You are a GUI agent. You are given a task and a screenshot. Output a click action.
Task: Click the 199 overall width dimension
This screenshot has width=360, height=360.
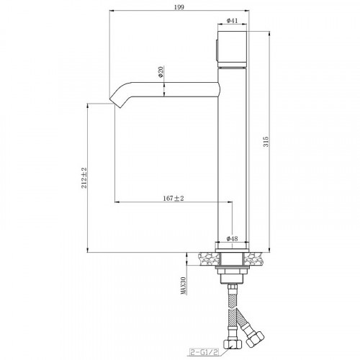tap(179, 7)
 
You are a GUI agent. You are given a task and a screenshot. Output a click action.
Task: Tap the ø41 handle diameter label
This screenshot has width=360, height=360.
tap(232, 21)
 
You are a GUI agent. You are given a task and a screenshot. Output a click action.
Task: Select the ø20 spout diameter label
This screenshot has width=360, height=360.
tap(161, 71)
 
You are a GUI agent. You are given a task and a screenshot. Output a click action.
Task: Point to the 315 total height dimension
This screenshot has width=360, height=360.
tap(266, 142)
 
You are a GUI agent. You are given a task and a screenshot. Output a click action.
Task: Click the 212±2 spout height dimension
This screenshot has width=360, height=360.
tap(84, 178)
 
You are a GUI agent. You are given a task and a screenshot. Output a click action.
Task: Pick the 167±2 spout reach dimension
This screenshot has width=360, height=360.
tap(174, 199)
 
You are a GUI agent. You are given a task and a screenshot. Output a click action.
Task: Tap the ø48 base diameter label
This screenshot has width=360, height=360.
tap(232, 238)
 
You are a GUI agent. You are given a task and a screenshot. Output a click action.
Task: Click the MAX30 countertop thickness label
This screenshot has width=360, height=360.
tap(184, 286)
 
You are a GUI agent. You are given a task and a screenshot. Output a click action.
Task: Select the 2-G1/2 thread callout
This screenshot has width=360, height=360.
tap(204, 352)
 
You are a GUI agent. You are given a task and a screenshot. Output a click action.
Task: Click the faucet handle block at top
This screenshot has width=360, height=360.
tap(232, 49)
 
